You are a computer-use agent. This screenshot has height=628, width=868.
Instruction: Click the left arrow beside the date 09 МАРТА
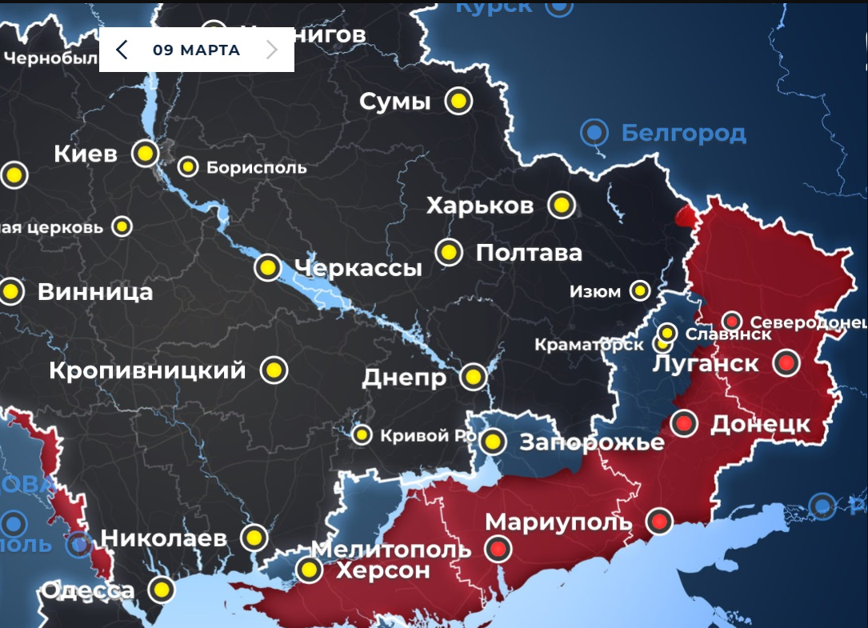pyautogui.click(x=122, y=50)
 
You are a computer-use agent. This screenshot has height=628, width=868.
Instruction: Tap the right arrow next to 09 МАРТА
pyautogui.click(x=272, y=50)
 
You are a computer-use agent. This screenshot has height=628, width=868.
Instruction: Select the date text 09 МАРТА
pyautogui.click(x=196, y=50)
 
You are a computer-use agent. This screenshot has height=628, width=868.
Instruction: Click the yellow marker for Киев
pyautogui.click(x=145, y=153)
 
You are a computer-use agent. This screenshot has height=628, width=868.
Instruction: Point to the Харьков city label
pyautogui.click(x=479, y=206)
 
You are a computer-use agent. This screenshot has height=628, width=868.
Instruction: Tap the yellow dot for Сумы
pyautogui.click(x=458, y=102)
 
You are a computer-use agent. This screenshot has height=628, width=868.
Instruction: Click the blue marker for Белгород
pyautogui.click(x=594, y=132)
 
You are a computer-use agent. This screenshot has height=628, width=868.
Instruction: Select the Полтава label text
pyautogui.click(x=529, y=254)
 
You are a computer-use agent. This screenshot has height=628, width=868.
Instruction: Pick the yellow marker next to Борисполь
pyautogui.click(x=188, y=166)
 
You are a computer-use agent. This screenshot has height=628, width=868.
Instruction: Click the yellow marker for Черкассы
pyautogui.click(x=267, y=266)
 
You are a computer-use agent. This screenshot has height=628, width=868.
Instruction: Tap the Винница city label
pyautogui.click(x=95, y=292)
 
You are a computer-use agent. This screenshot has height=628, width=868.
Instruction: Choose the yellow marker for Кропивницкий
pyautogui.click(x=274, y=370)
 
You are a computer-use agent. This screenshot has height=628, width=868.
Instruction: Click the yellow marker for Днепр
pyautogui.click(x=473, y=376)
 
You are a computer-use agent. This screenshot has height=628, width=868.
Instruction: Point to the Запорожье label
pyautogui.click(x=592, y=442)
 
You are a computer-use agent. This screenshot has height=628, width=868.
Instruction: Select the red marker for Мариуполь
pyautogui.click(x=659, y=522)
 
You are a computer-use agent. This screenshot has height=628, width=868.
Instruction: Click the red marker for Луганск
pyautogui.click(x=786, y=363)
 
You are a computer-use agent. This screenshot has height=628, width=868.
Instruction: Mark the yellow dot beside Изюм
pyautogui.click(x=639, y=290)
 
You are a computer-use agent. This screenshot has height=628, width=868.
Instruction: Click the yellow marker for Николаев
pyautogui.click(x=254, y=537)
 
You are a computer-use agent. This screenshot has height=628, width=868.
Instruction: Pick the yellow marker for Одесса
pyautogui.click(x=162, y=590)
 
